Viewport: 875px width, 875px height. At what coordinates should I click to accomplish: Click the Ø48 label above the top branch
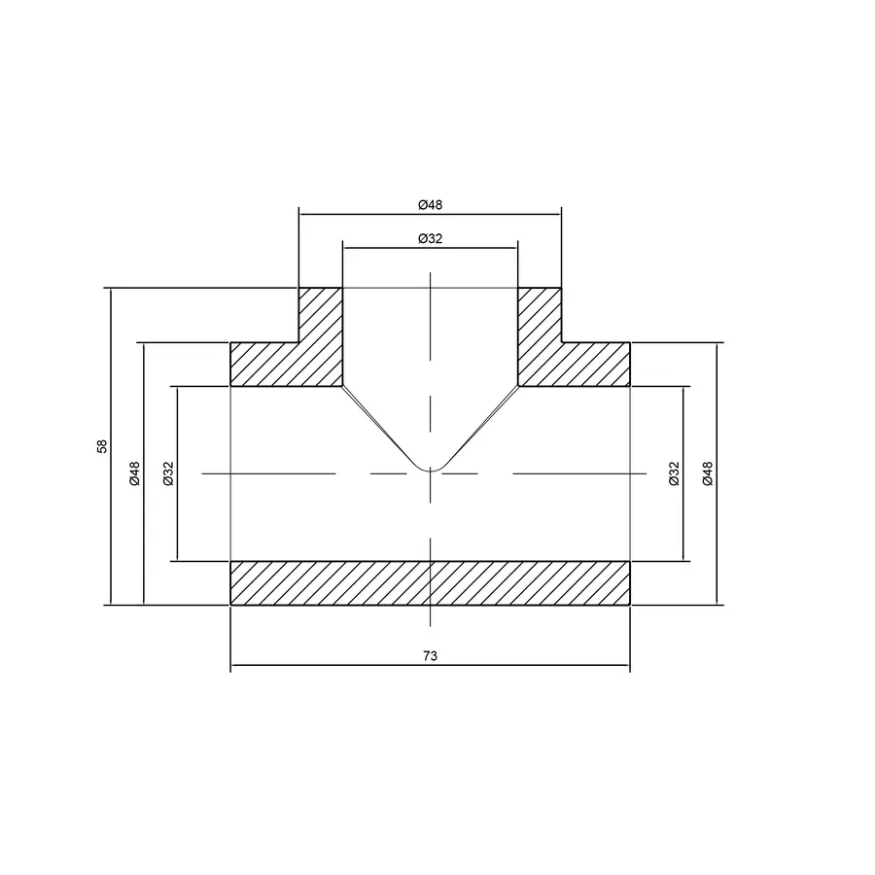click(x=430, y=204)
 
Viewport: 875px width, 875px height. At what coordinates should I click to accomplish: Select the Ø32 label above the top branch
click(x=430, y=238)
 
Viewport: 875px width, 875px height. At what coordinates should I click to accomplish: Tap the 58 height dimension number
click(x=101, y=446)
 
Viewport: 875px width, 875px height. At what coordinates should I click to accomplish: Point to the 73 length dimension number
click(x=430, y=656)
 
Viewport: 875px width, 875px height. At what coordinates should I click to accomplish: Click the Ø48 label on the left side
click(x=134, y=473)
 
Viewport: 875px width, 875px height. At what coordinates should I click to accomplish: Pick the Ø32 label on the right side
click(x=674, y=473)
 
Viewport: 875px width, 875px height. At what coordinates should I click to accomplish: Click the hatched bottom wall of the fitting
click(x=430, y=582)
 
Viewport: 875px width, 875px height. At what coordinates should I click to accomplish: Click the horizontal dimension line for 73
click(x=331, y=668)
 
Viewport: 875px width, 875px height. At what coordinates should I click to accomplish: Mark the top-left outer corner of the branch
click(x=298, y=288)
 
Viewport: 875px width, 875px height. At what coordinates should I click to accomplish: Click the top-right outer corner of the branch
click(x=561, y=288)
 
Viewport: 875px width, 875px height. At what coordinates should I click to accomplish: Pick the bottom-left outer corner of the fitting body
click(x=230, y=604)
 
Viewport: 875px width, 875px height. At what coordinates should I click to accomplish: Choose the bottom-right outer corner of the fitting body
click(x=629, y=604)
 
